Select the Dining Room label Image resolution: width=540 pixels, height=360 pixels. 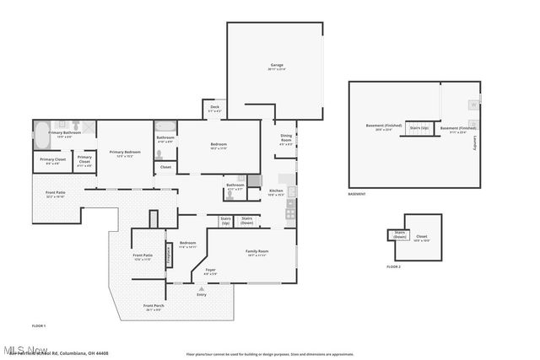coord(286,139)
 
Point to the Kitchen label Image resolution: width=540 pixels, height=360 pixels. coord(276,192)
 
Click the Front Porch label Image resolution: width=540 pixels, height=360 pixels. coord(153,307)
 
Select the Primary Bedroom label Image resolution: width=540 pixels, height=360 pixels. coord(124,153)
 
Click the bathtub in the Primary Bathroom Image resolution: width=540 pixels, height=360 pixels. coord(41,132)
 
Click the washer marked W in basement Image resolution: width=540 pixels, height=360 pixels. coord(472,105)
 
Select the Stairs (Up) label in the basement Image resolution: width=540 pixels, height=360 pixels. coord(418,128)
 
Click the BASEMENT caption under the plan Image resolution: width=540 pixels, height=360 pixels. coord(357,194)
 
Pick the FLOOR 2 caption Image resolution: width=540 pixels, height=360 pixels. coord(393,266)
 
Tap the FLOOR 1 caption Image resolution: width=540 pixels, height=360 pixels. coord(39,325)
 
